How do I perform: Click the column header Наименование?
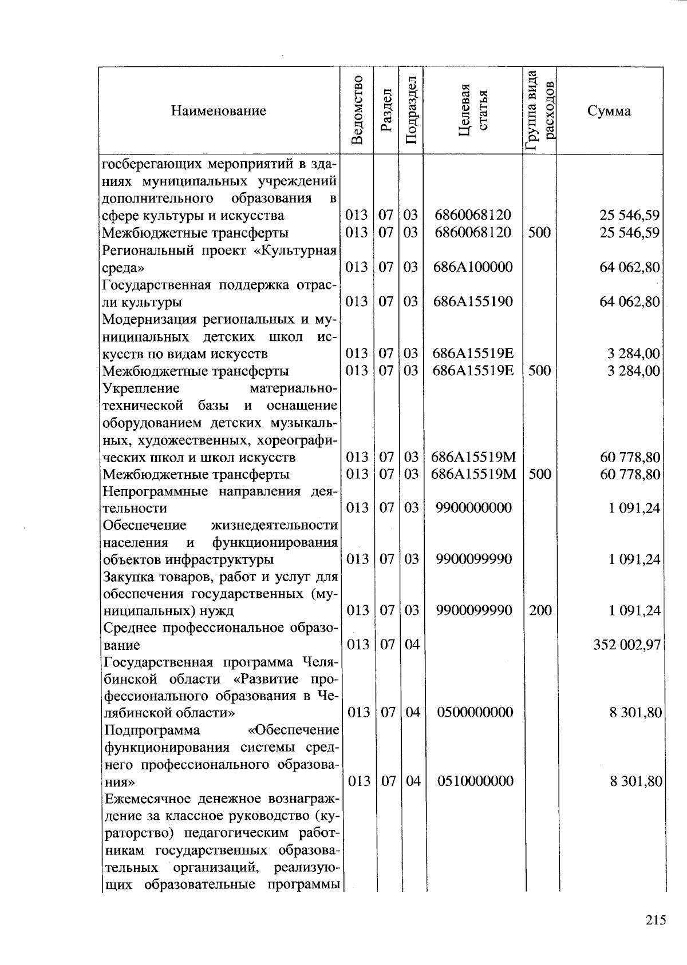[x=218, y=111]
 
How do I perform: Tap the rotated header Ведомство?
[x=357, y=110]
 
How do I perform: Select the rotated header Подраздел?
[x=410, y=110]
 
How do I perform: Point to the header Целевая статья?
[x=473, y=110]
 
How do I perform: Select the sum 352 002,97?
[x=627, y=645]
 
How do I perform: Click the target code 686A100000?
[x=473, y=267]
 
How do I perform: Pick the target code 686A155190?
[x=473, y=301]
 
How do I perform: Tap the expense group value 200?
[x=540, y=610]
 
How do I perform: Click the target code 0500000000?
[x=475, y=712]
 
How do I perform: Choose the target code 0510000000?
[x=475, y=781]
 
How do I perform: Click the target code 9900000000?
[x=473, y=508]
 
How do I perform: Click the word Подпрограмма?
[x=152, y=730]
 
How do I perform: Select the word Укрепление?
[x=141, y=388]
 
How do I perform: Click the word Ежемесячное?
[x=149, y=799]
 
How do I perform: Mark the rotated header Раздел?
[x=386, y=110]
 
